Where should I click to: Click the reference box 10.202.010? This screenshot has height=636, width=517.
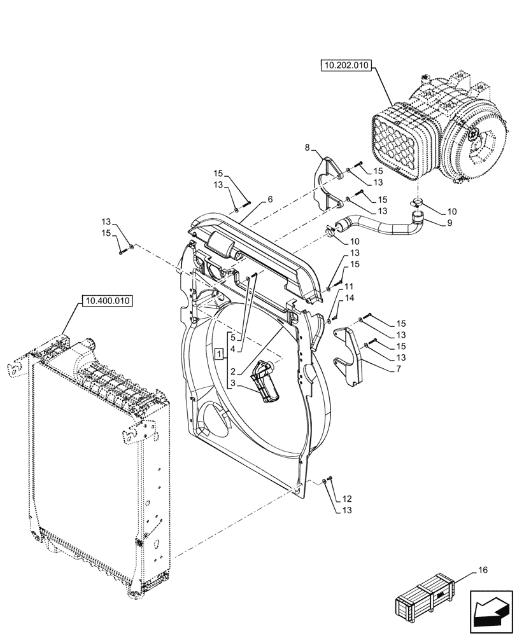click(x=347, y=66)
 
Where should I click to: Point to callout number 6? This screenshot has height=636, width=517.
click(x=270, y=200)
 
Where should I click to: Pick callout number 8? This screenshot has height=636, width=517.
click(x=308, y=148)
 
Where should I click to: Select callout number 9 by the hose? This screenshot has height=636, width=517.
click(x=433, y=223)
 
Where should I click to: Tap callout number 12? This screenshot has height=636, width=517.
click(x=347, y=499)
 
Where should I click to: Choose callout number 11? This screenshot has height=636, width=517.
click(x=349, y=287)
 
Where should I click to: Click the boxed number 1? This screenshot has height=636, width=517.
click(x=219, y=354)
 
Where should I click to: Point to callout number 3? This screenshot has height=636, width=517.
click(x=234, y=384)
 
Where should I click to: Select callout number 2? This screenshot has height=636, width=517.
click(x=234, y=371)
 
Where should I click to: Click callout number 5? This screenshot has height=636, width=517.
click(x=234, y=337)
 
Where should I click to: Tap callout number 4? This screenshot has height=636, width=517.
click(x=234, y=349)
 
